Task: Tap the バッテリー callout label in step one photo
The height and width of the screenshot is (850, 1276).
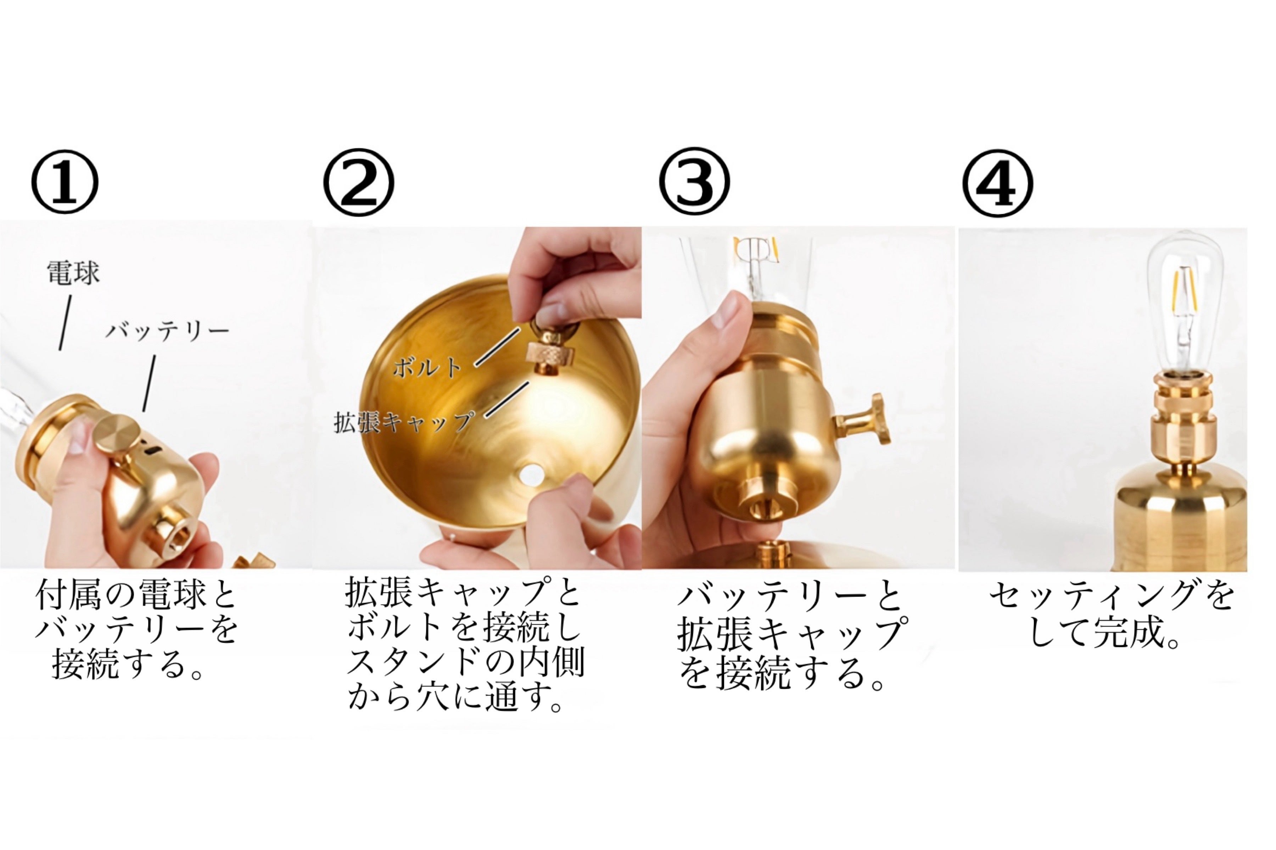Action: [167, 331]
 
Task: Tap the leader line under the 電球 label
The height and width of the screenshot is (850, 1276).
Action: [65, 323]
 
